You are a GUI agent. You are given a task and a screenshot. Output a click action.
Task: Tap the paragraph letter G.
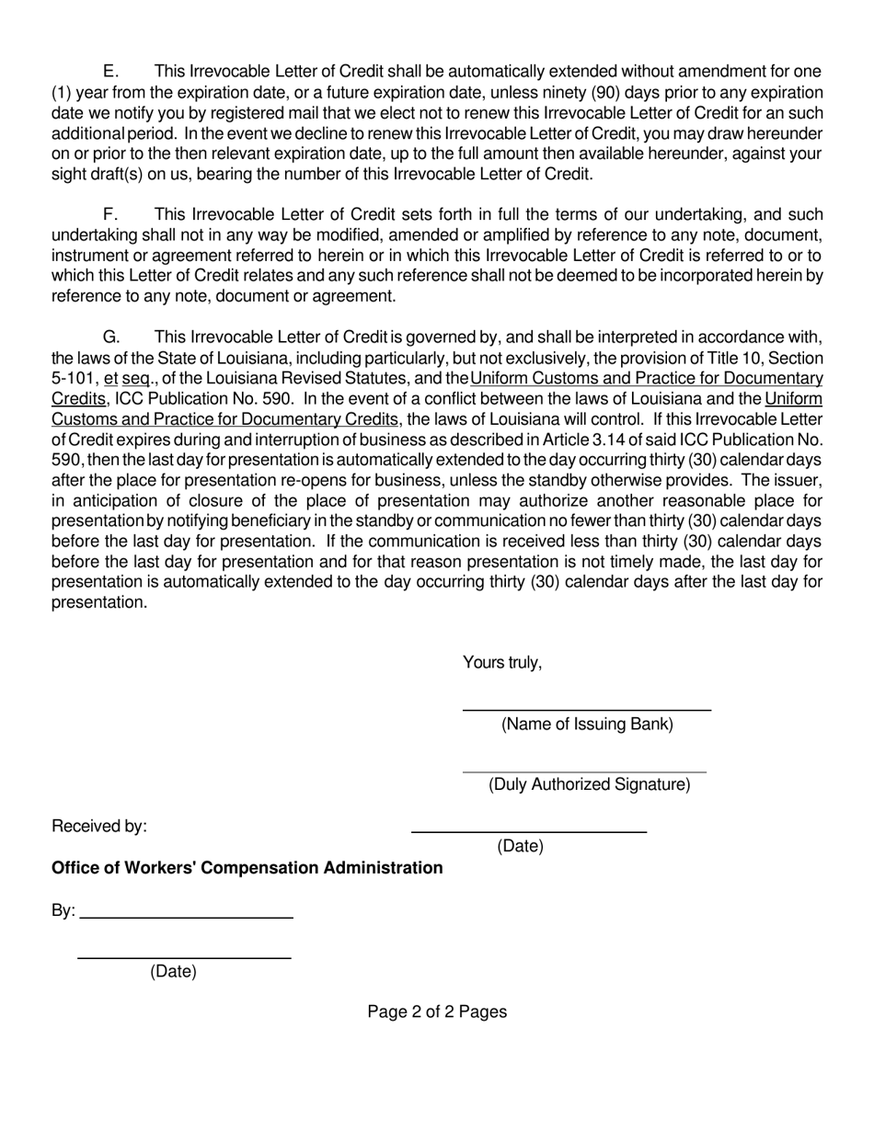[x=110, y=337]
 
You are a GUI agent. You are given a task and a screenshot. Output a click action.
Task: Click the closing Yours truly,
[x=502, y=663]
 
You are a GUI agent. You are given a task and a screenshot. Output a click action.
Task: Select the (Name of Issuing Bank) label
[x=587, y=725]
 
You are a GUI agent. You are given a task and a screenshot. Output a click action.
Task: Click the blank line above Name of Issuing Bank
[x=586, y=710]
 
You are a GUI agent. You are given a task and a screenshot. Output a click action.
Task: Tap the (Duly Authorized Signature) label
[x=589, y=784]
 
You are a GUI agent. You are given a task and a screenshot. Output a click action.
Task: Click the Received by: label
[x=99, y=827]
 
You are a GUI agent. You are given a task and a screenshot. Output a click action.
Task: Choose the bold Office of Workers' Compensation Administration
[x=247, y=868]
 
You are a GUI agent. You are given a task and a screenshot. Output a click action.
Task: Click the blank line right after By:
[x=186, y=917]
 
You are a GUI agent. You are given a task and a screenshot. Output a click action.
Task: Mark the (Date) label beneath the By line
[x=173, y=972]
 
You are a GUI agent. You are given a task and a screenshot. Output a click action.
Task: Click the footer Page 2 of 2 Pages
[x=437, y=1012]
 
